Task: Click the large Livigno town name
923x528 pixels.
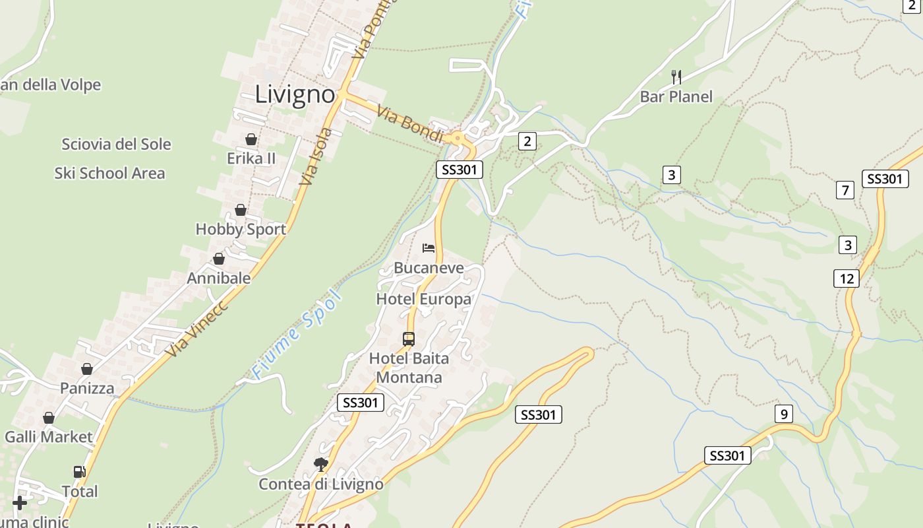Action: pyautogui.click(x=295, y=94)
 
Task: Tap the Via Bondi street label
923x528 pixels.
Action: pyautogui.click(x=410, y=123)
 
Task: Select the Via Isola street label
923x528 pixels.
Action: pyautogui.click(x=316, y=156)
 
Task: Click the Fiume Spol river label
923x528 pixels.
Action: pyautogui.click(x=297, y=335)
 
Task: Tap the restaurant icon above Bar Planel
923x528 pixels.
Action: pyautogui.click(x=676, y=77)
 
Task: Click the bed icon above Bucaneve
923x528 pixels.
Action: pyautogui.click(x=429, y=248)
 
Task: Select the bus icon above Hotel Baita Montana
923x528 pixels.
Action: pyautogui.click(x=409, y=339)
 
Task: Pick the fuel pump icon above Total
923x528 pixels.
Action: pyautogui.click(x=79, y=472)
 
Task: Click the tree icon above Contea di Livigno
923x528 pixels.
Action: pyautogui.click(x=320, y=464)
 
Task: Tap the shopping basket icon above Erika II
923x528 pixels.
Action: pyautogui.click(x=251, y=139)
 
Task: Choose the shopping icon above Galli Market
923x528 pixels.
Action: pyautogui.click(x=49, y=418)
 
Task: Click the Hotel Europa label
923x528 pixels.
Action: pyautogui.click(x=423, y=299)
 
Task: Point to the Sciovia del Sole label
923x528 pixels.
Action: pyautogui.click(x=116, y=144)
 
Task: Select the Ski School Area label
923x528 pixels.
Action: pyautogui.click(x=109, y=173)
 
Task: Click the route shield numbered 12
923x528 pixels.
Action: pyautogui.click(x=847, y=279)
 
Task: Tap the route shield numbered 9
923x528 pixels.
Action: pyautogui.click(x=783, y=414)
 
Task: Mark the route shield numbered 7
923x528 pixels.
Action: pyautogui.click(x=845, y=191)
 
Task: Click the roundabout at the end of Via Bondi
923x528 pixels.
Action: pyautogui.click(x=457, y=139)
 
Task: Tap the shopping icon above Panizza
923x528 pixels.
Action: pyautogui.click(x=86, y=369)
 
